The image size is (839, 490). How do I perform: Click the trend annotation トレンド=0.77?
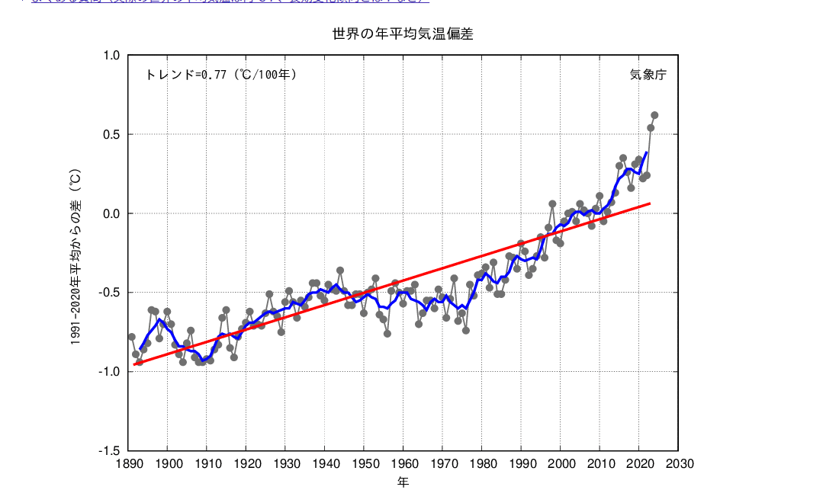(220, 75)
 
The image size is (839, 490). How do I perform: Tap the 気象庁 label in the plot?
(648, 75)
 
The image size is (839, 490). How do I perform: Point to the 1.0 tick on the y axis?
(111, 56)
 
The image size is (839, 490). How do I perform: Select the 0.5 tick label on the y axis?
(111, 135)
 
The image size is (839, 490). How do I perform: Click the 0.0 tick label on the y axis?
(111, 213)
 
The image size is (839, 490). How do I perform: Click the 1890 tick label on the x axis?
(128, 463)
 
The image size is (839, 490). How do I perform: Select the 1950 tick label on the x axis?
(364, 463)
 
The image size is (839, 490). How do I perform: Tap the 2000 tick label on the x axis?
(561, 463)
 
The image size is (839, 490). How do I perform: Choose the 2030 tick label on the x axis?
(678, 463)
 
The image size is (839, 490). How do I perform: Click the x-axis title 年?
(403, 481)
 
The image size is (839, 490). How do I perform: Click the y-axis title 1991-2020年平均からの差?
(76, 259)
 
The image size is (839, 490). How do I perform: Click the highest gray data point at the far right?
(654, 115)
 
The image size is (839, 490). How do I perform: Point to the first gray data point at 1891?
(132, 337)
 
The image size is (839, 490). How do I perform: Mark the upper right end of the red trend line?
(650, 203)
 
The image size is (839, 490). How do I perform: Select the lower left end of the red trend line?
(134, 364)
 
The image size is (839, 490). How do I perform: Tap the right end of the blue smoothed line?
(647, 152)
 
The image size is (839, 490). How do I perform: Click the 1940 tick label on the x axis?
(325, 463)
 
